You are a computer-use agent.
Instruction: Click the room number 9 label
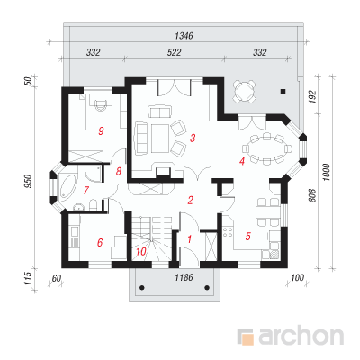click(x=101, y=130)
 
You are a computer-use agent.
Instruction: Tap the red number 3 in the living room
click(x=193, y=138)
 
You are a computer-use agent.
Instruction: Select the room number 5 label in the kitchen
click(x=247, y=236)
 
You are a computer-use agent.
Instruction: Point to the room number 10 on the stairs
click(x=141, y=251)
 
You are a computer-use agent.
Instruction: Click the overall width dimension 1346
click(x=184, y=36)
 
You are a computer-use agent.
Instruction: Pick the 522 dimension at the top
click(x=174, y=52)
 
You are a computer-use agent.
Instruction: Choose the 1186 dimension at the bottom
click(x=184, y=277)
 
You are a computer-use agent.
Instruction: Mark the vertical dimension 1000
click(x=327, y=172)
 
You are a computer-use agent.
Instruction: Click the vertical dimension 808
click(x=312, y=195)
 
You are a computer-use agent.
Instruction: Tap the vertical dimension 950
click(x=28, y=182)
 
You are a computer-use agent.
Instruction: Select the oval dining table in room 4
click(x=266, y=148)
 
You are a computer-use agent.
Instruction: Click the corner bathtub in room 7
click(x=67, y=188)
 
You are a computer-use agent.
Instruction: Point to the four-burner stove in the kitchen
click(x=228, y=232)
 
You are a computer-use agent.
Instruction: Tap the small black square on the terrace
click(x=283, y=92)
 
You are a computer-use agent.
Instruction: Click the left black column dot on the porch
click(x=142, y=288)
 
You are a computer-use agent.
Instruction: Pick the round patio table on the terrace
click(x=244, y=90)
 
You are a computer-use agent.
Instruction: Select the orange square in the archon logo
click(x=247, y=338)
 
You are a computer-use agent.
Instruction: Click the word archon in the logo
click(x=301, y=337)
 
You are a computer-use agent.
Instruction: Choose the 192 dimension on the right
click(x=312, y=96)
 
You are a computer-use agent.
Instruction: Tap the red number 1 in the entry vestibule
click(x=189, y=239)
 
